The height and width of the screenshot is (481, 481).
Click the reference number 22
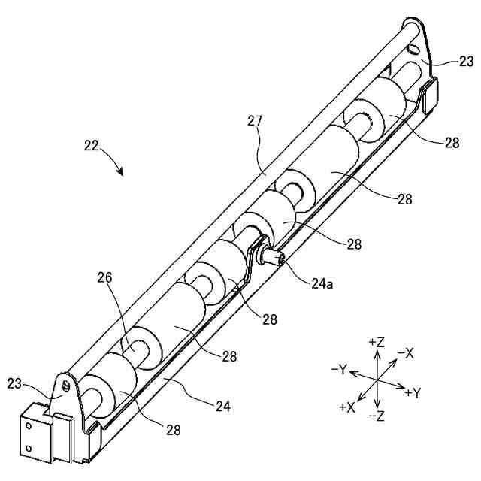(92, 146)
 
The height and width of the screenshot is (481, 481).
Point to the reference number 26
(104, 277)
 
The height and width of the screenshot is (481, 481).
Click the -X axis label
(407, 352)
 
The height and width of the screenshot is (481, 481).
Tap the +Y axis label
(413, 393)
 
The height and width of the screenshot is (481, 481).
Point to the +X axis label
(347, 407)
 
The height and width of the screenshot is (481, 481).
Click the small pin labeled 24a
(271, 258)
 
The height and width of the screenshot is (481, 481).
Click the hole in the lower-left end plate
(66, 386)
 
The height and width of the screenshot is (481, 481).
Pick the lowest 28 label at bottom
(173, 430)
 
